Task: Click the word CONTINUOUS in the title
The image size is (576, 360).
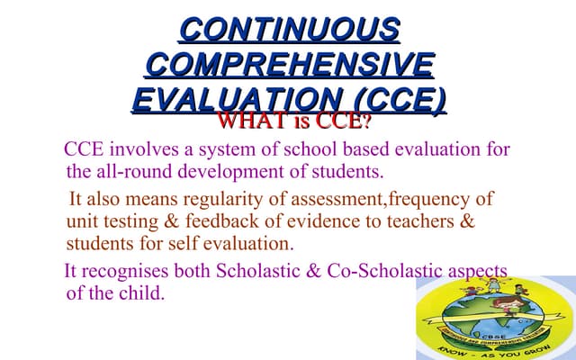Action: [x=289, y=30]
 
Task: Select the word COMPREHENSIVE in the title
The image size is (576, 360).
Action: [x=289, y=64]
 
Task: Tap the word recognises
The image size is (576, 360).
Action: [x=132, y=271]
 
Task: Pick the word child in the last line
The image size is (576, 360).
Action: [x=143, y=293]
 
